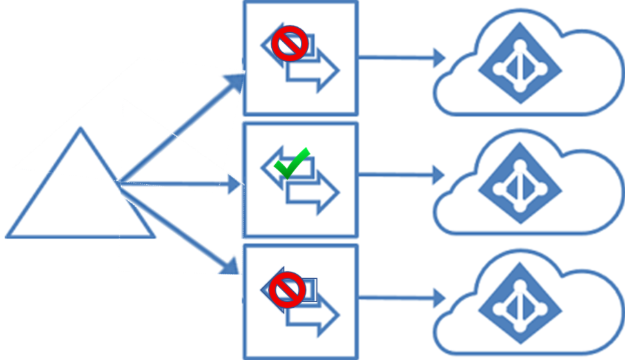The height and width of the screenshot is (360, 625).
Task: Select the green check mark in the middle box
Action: click(x=291, y=164)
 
